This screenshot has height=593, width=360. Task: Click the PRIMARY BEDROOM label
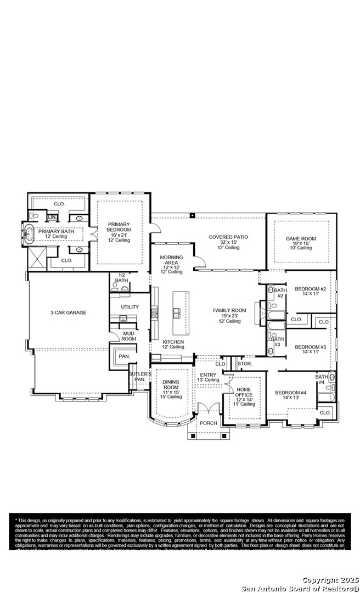119,227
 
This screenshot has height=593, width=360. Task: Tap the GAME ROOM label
301,239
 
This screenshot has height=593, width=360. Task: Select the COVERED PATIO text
228,237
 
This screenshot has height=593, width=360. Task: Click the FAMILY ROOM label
229,311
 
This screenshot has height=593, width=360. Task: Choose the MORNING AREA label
171,260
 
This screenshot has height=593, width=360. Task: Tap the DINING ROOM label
171,384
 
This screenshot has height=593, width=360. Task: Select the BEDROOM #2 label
310,289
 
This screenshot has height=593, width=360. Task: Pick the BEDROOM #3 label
310,347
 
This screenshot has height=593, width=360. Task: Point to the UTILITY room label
130,307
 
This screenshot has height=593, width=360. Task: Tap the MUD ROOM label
128,336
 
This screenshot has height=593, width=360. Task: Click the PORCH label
208,423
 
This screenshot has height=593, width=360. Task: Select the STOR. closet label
244,363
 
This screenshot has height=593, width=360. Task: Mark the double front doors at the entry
208,409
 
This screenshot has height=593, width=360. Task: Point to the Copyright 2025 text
330,580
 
